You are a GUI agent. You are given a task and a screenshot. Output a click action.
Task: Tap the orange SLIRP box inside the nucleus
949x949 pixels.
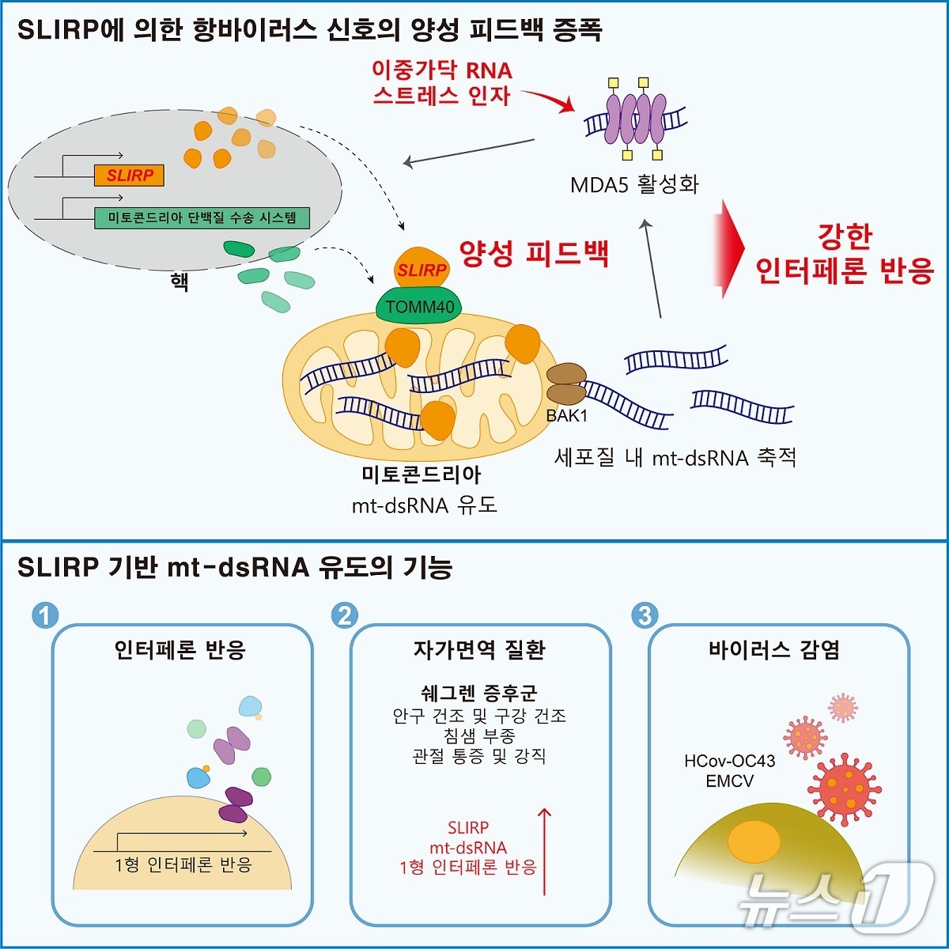(129, 175)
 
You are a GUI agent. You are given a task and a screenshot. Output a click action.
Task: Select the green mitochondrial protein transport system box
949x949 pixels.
(201, 217)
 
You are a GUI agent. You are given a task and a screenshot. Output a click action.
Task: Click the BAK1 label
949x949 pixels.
(566, 416)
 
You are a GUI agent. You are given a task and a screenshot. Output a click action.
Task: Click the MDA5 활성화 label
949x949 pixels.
(634, 185)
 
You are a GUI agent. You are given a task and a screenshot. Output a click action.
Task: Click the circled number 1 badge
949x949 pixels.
(45, 615)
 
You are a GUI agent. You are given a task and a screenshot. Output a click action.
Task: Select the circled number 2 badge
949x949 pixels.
(345, 615)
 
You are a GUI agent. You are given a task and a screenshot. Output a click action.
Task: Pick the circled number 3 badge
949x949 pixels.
(645, 615)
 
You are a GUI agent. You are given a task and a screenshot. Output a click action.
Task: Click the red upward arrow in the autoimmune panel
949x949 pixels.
(544, 850)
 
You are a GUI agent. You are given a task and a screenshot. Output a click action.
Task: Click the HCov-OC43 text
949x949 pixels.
(729, 761)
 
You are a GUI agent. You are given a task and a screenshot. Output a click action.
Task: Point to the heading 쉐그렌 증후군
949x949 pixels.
(479, 693)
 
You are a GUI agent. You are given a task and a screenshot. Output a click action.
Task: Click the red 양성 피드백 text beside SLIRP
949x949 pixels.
(535, 254)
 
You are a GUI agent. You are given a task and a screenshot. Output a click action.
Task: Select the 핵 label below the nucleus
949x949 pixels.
(180, 281)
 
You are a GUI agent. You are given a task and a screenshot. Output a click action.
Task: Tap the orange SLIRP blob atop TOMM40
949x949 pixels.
(422, 269)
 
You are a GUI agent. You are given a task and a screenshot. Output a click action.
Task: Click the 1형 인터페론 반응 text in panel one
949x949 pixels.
(183, 864)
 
